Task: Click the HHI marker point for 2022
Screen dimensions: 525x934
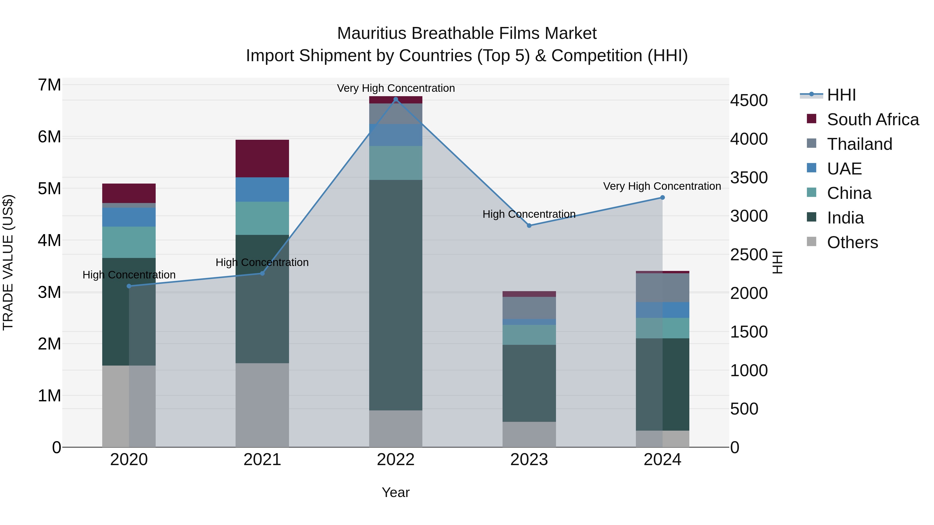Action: [x=396, y=99]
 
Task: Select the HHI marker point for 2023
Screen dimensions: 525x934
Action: [x=529, y=225]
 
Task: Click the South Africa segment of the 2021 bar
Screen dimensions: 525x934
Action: [x=262, y=158]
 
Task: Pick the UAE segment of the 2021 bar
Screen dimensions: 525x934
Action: [x=262, y=190]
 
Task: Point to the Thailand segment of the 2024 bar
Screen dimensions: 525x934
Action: [x=662, y=288]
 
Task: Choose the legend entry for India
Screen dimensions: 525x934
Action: [x=845, y=218]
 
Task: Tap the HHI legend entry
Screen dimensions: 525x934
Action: [x=841, y=95]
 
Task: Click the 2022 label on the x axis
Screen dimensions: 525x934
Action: [x=396, y=460]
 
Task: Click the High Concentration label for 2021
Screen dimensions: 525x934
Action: [x=262, y=262]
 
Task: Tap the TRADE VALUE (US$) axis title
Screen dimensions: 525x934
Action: [x=8, y=262]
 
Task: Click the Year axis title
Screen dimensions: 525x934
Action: [x=396, y=492]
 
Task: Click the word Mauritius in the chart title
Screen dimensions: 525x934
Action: [x=371, y=33]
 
